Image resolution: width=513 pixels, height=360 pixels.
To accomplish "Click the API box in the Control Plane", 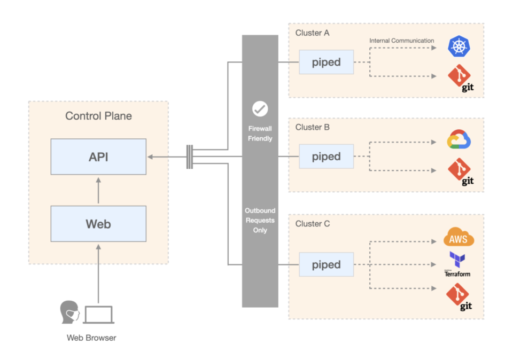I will click(98, 156).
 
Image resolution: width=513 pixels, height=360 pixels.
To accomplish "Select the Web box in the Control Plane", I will click(98, 224).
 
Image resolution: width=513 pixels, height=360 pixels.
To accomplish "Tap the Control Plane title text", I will click(98, 116).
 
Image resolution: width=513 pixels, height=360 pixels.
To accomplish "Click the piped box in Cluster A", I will click(326, 62).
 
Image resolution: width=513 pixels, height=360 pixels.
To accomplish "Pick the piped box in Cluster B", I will click(326, 156).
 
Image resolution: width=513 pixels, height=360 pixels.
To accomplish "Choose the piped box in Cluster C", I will click(326, 264).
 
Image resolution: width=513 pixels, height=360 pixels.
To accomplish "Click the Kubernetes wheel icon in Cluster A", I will click(458, 47).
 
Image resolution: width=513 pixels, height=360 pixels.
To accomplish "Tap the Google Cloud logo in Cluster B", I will click(458, 140).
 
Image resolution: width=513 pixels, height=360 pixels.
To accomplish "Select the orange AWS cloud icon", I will click(458, 238).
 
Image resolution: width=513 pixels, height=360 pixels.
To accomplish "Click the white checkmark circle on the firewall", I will click(260, 109).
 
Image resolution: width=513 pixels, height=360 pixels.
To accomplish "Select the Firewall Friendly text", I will click(260, 134).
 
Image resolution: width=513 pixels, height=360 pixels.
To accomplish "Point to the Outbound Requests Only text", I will click(260, 220).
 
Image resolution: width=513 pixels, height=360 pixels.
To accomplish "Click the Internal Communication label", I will click(401, 41).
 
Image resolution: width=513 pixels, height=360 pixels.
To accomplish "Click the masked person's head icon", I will click(69, 312).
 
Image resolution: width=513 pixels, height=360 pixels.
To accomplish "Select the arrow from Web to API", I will click(98, 190).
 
